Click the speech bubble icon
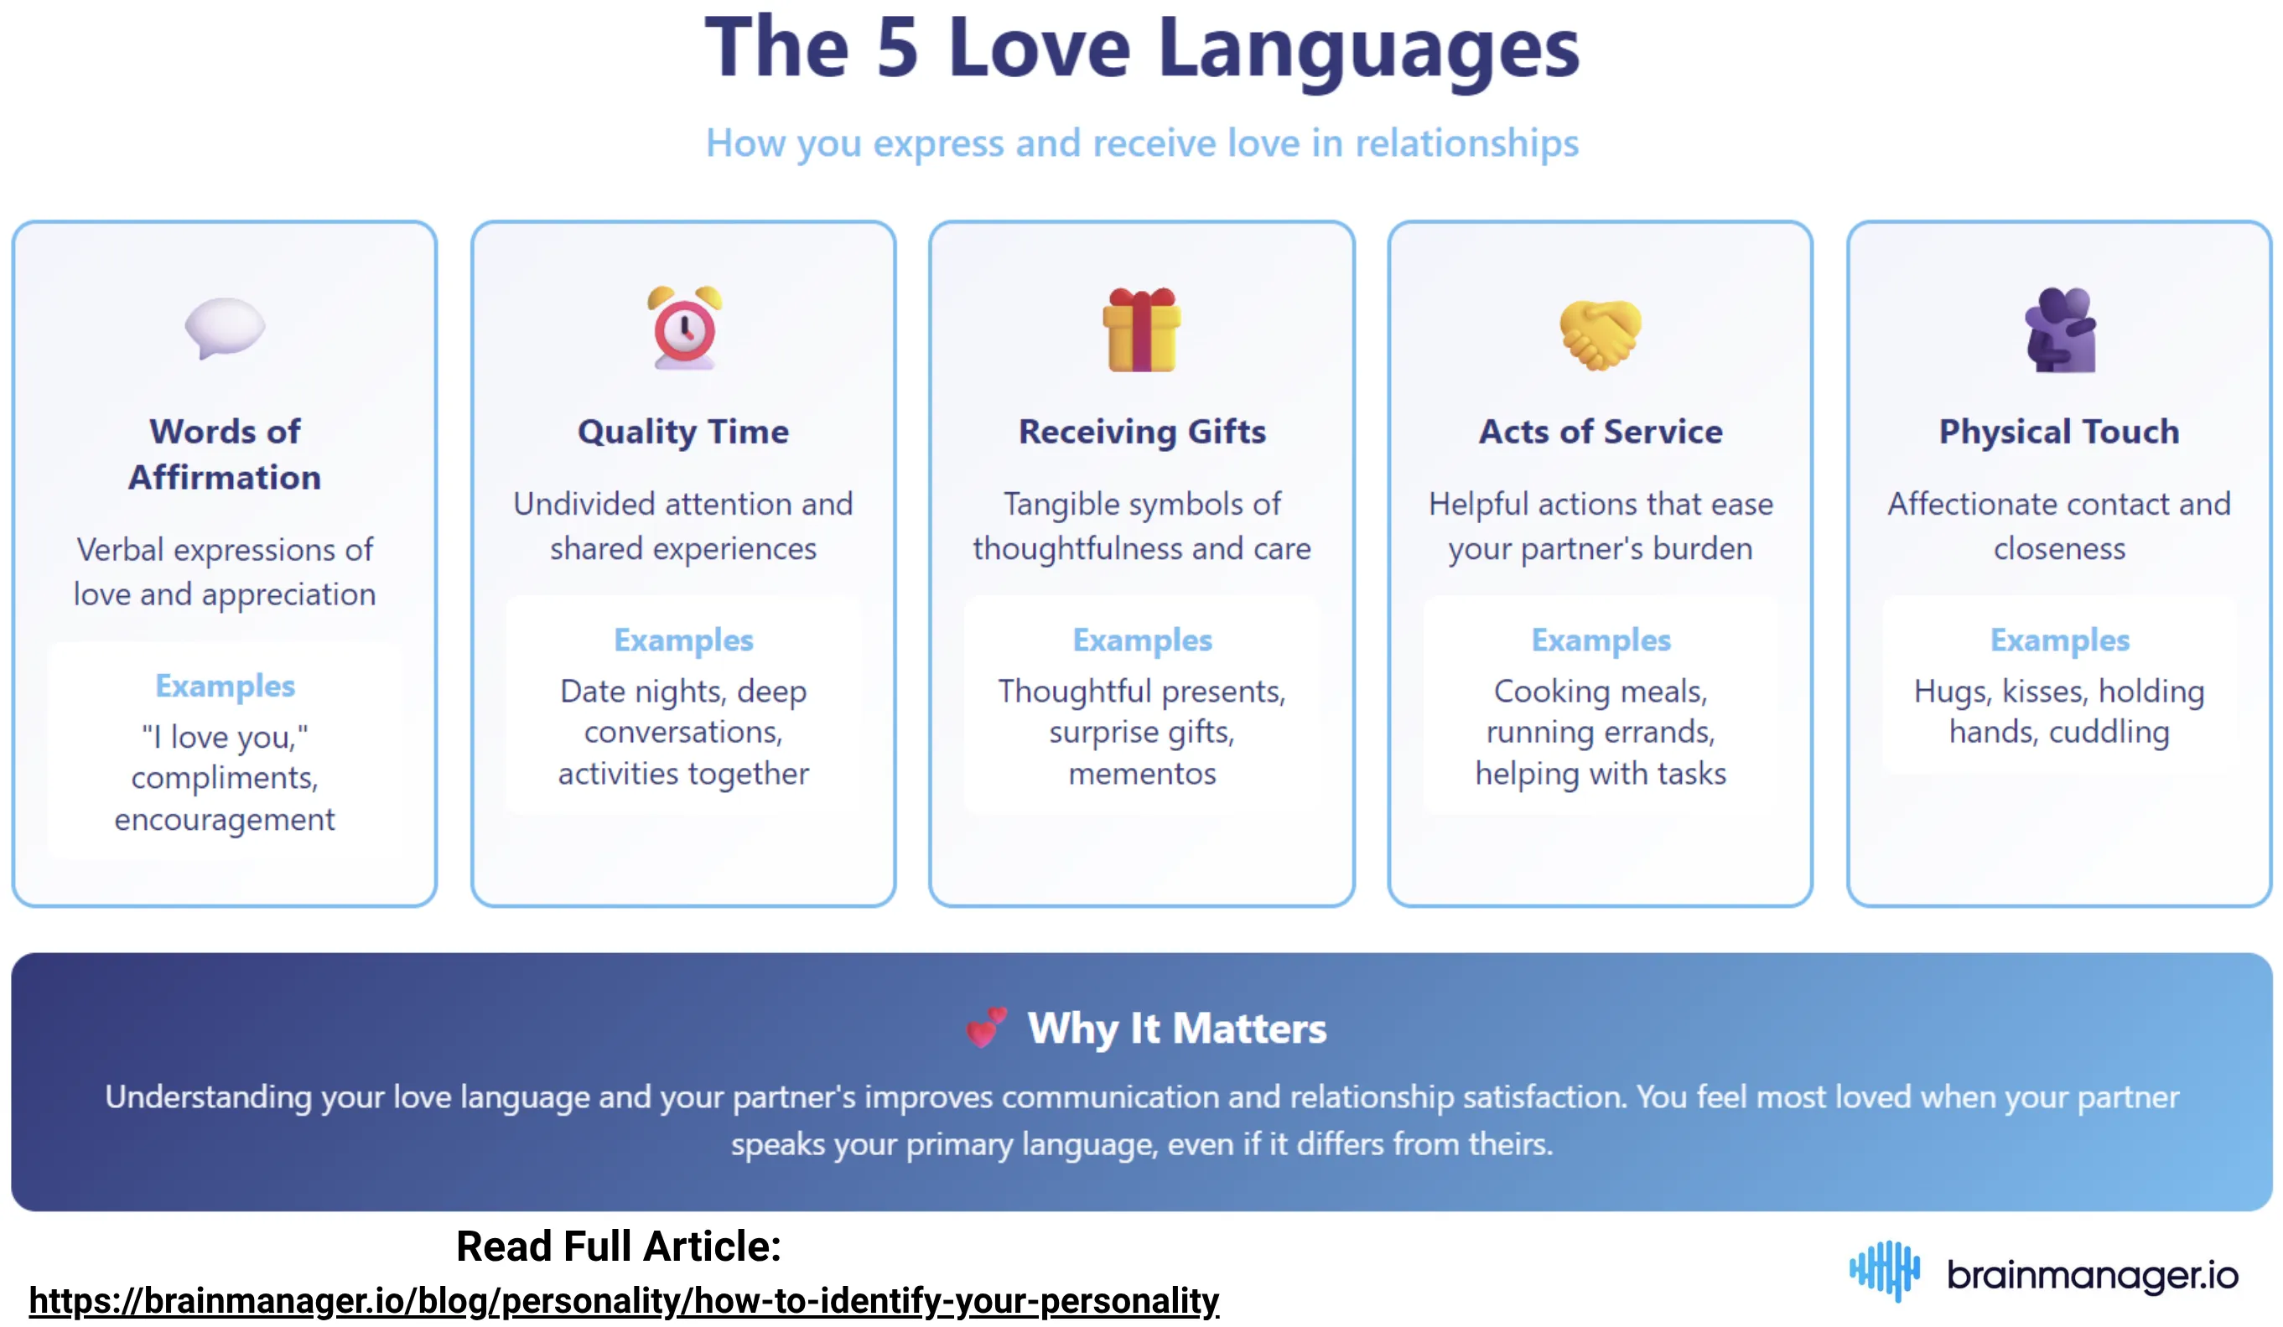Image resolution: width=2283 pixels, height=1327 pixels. click(225, 327)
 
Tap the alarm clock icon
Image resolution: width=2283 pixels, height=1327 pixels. click(684, 328)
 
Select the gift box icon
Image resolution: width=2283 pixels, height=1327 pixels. click(1142, 329)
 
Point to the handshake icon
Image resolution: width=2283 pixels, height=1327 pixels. click(1600, 334)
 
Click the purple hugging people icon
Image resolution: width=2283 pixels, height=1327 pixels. click(2059, 329)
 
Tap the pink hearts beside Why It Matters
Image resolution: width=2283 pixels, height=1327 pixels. click(986, 1027)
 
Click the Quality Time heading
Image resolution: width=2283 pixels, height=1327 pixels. click(683, 431)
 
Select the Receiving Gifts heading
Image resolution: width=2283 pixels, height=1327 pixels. click(1142, 431)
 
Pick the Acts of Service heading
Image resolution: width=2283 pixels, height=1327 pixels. click(1600, 431)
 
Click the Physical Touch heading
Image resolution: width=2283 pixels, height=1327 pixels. click(2058, 431)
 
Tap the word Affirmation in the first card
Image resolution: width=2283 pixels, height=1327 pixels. click(225, 477)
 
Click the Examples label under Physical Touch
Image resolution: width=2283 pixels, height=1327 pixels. click(2058, 640)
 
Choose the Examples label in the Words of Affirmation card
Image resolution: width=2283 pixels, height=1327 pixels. click(225, 686)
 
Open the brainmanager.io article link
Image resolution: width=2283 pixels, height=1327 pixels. click(623, 1301)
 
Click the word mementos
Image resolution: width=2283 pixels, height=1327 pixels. click(1142, 774)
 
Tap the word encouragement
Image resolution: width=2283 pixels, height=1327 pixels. click(225, 820)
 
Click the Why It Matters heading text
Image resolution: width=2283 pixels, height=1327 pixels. click(1176, 1028)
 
